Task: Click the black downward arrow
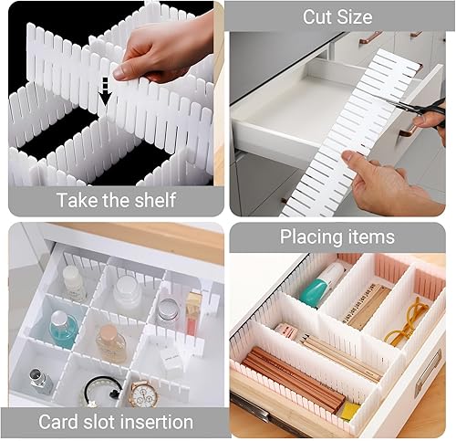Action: click(x=105, y=95)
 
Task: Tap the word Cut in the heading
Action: click(x=316, y=16)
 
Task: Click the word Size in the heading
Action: click(x=354, y=16)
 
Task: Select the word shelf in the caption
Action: click(x=156, y=200)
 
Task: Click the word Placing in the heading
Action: click(x=306, y=237)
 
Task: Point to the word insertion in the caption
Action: click(x=157, y=422)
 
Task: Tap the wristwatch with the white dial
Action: click(x=144, y=394)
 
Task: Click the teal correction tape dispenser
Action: click(x=321, y=282)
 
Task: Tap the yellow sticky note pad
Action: click(x=349, y=411)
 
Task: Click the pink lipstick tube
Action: click(x=192, y=312)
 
